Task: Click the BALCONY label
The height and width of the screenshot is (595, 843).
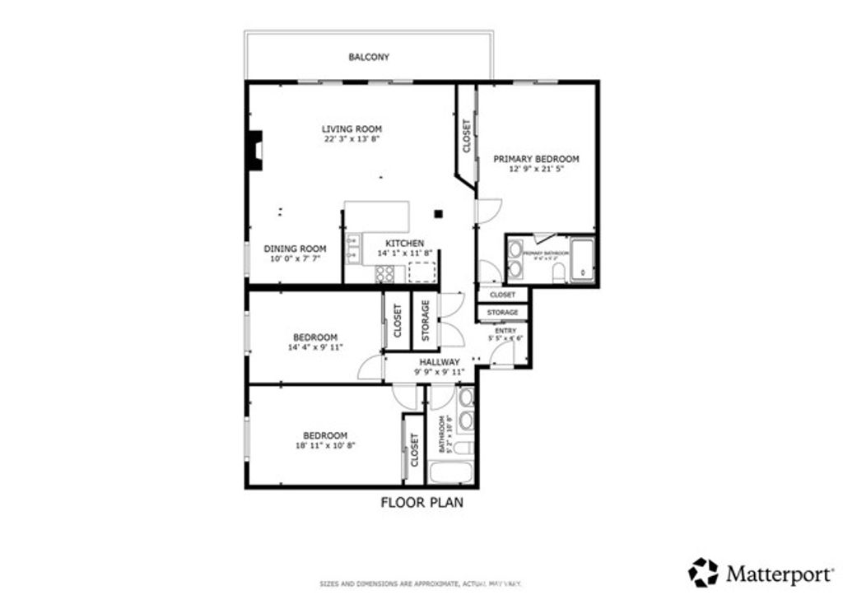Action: [x=368, y=58]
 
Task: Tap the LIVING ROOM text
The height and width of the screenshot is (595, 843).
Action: [x=352, y=129]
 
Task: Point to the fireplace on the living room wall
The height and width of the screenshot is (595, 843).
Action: [x=255, y=151]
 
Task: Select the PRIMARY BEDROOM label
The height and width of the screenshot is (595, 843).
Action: [x=536, y=159]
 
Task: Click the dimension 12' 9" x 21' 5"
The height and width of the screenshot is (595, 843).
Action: [x=536, y=170]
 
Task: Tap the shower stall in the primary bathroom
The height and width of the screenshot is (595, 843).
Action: [x=581, y=258]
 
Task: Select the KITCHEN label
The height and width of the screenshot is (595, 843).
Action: [x=405, y=244]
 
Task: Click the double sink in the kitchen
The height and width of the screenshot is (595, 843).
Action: [x=353, y=249]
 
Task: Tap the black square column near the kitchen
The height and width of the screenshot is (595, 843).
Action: [x=439, y=214]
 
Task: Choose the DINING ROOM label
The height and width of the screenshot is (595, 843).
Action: [x=295, y=249]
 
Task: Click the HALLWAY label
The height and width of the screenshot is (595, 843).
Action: [x=439, y=362]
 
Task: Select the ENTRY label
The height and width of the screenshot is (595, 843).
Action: [x=505, y=329]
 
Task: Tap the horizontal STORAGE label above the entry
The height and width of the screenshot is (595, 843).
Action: [x=502, y=313]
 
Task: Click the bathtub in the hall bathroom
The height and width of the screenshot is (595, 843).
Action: [x=449, y=474]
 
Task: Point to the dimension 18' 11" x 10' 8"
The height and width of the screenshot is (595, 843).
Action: [x=324, y=445]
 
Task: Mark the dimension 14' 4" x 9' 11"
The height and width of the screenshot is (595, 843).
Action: [x=315, y=347]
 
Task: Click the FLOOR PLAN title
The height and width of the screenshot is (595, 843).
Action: [x=421, y=502]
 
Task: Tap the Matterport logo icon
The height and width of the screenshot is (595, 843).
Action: [x=703, y=570]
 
